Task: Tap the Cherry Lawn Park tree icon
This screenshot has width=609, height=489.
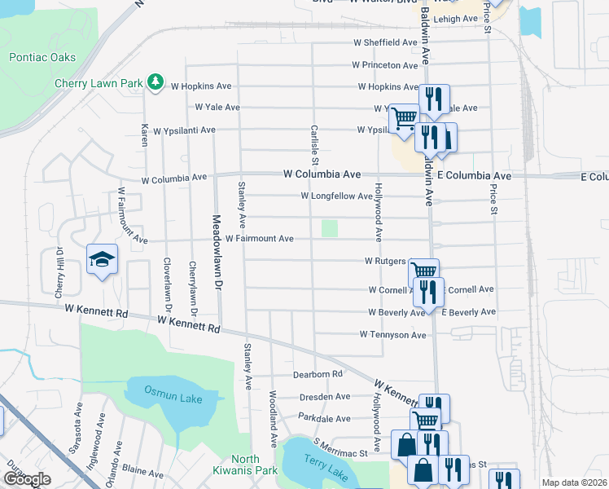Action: pyautogui.click(x=153, y=82)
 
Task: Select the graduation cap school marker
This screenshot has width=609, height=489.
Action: pyautogui.click(x=103, y=260)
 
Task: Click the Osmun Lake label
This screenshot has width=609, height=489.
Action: pyautogui.click(x=164, y=391)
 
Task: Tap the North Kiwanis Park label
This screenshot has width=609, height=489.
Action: pyautogui.click(x=245, y=465)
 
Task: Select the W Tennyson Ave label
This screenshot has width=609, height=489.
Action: pyautogui.click(x=394, y=335)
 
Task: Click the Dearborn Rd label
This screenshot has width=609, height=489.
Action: pyautogui.click(x=318, y=374)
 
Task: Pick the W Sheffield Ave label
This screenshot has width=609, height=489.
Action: pyautogui.click(x=386, y=42)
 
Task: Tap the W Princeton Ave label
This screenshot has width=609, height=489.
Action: pyautogui.click(x=385, y=64)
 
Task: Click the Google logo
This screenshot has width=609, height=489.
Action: pyautogui.click(x=27, y=479)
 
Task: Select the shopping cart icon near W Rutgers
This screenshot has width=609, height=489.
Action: pyautogui.click(x=423, y=272)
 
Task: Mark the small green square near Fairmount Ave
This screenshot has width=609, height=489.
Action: pyautogui.click(x=329, y=229)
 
